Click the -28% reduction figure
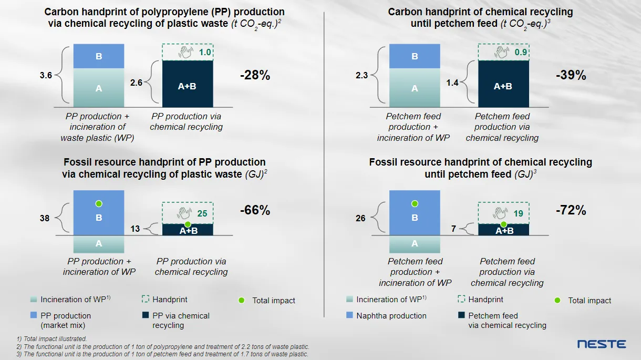point(255,75)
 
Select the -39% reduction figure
point(571,75)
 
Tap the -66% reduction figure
point(255,211)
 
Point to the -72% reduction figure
point(571,211)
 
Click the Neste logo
point(602,344)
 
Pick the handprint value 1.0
point(204,53)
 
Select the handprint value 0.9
point(520,53)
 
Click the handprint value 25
point(202,213)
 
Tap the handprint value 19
point(518,213)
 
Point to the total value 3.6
point(46,75)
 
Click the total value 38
point(45,218)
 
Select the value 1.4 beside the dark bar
point(452,83)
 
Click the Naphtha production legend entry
point(391,316)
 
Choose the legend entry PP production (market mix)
point(65,320)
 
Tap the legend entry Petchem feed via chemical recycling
point(506,320)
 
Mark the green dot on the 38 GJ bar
point(99,203)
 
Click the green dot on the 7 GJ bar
point(503,224)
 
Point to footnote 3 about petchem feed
point(163,354)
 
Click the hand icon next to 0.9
point(501,53)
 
